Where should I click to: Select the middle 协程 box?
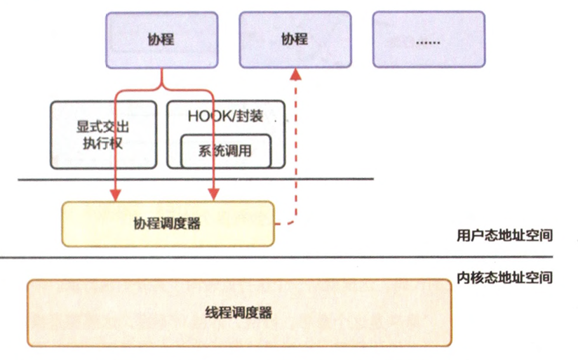pyautogui.click(x=295, y=39)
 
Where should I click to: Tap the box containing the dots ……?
pyautogui.click(x=428, y=39)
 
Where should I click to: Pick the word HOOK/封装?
pyautogui.click(x=225, y=116)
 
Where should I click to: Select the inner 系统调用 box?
pyautogui.click(x=225, y=151)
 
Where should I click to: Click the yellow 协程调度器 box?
pyautogui.click(x=167, y=224)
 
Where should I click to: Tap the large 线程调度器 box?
pyautogui.click(x=238, y=313)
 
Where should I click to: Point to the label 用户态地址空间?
pyautogui.click(x=504, y=235)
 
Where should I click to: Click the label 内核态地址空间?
pyautogui.click(x=504, y=278)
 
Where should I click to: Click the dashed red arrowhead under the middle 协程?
pyautogui.click(x=295, y=73)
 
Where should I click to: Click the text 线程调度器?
pyautogui.click(x=238, y=313)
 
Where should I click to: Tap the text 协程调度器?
pyautogui.click(x=167, y=224)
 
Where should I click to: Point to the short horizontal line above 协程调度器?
pyautogui.click(x=196, y=180)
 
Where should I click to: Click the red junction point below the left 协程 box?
pyautogui.click(x=162, y=87)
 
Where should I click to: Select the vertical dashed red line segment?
pyautogui.click(x=295, y=147)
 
